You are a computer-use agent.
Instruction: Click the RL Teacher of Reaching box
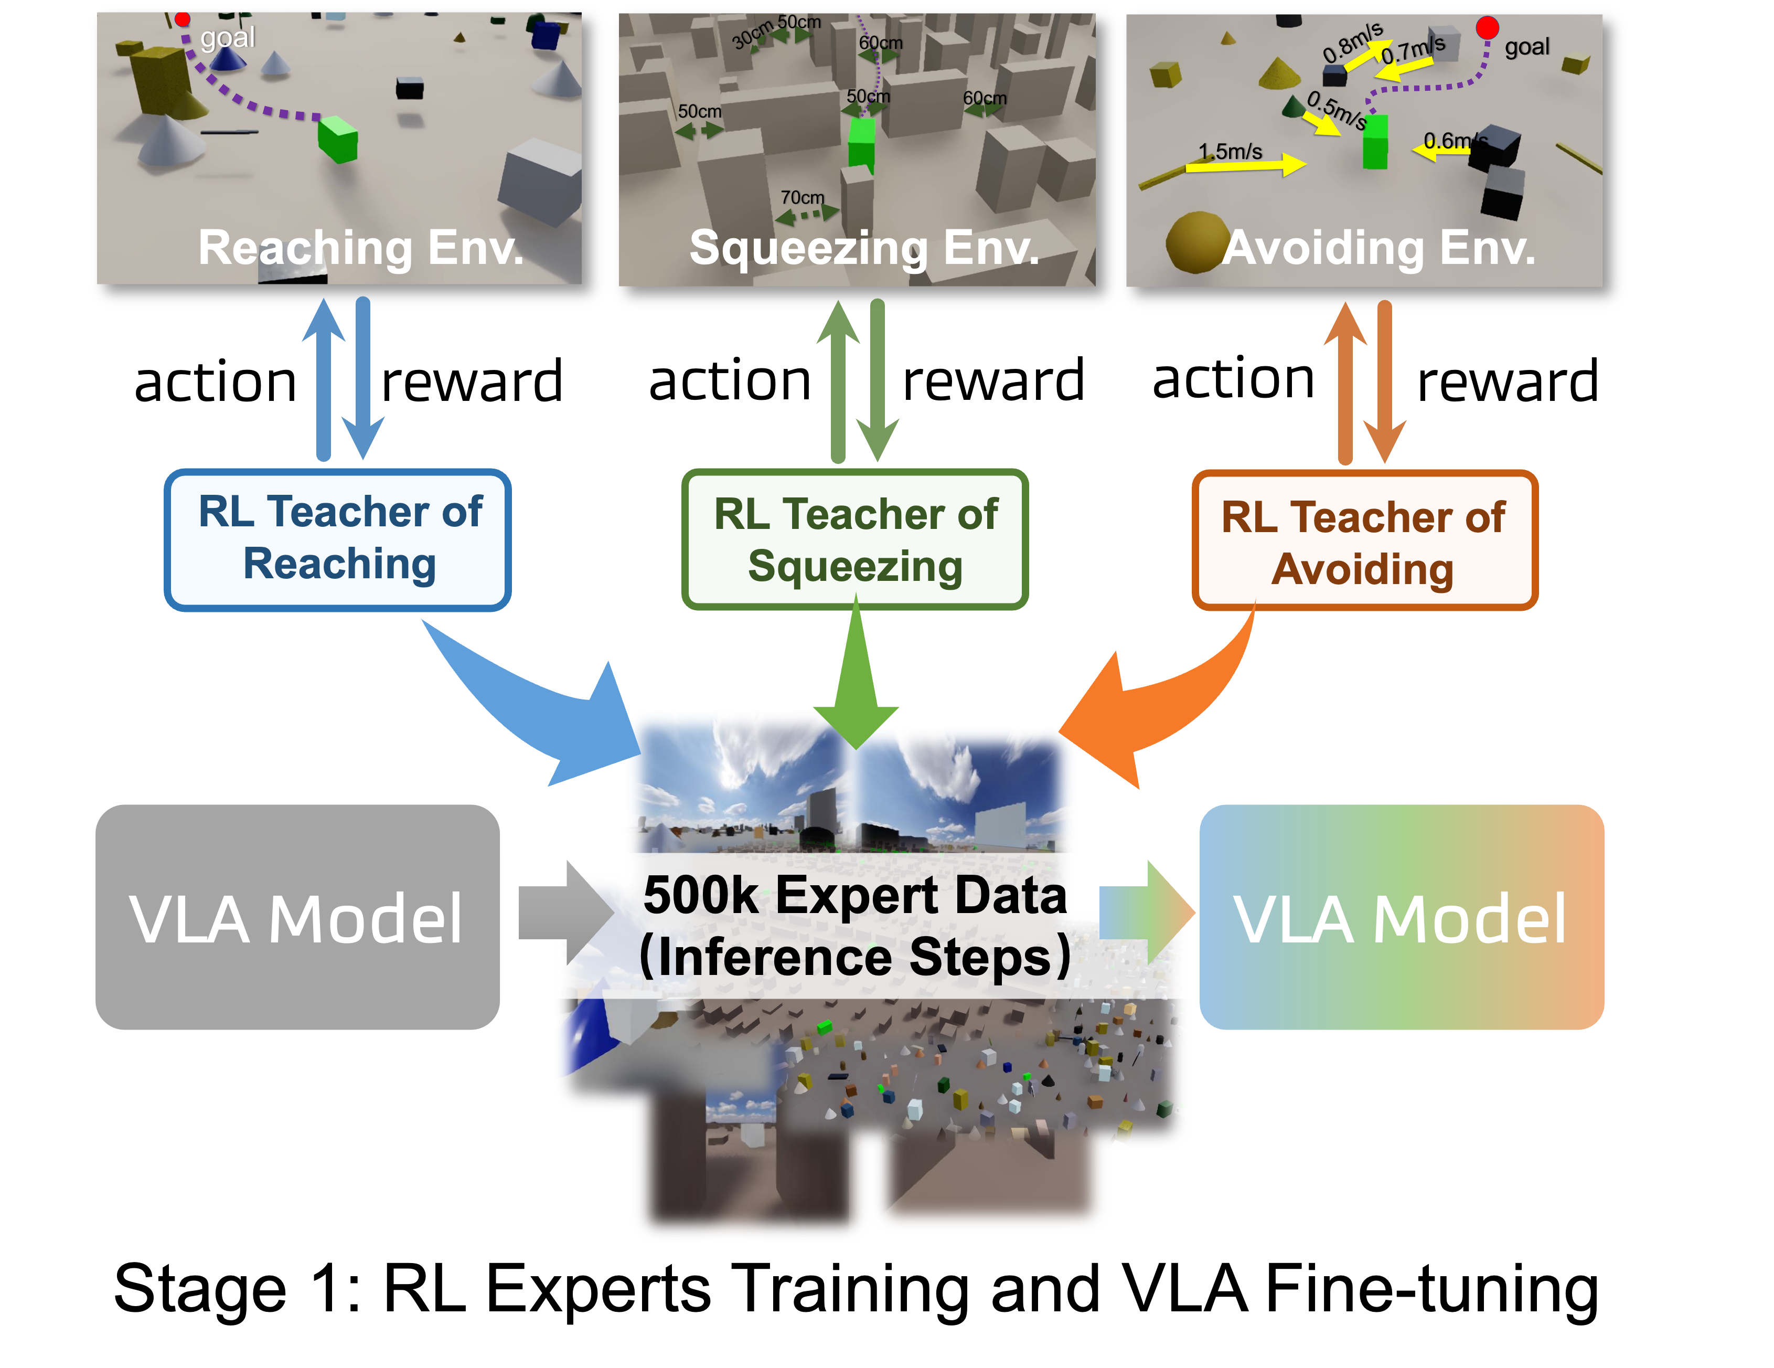(x=338, y=539)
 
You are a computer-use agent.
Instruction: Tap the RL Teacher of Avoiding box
(x=1365, y=541)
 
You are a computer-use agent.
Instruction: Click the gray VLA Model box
(x=297, y=917)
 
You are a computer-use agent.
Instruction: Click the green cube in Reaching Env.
(x=338, y=139)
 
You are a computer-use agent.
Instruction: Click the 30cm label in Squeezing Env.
(x=752, y=35)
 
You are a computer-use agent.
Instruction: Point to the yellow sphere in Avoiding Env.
(x=1195, y=241)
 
